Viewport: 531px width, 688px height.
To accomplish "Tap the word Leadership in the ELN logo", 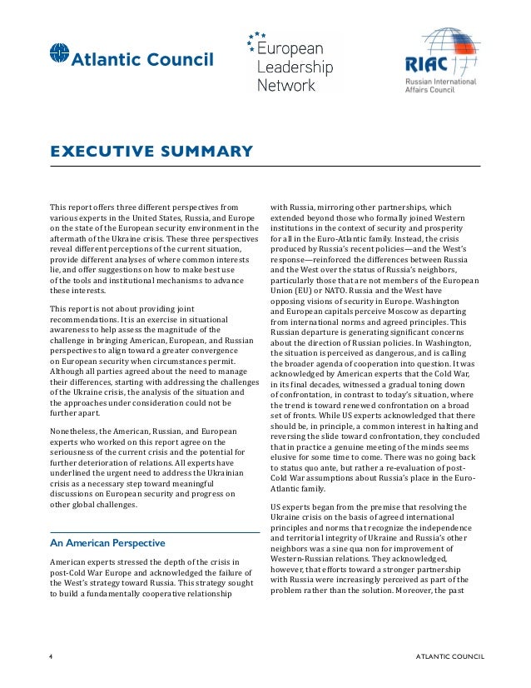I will pos(295,68).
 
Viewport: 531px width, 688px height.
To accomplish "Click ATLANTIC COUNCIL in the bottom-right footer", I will pos(449,656).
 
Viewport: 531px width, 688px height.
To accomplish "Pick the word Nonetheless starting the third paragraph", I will pos(72,431).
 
